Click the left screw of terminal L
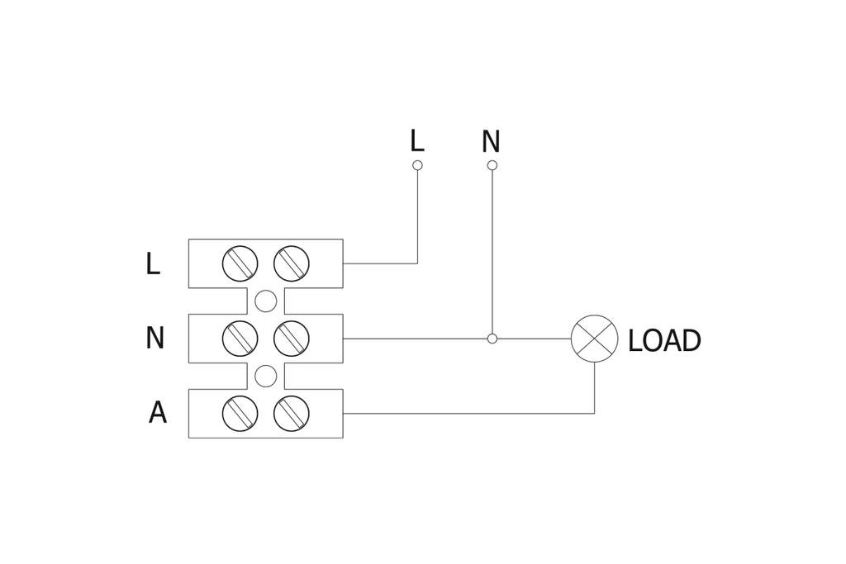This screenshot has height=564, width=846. [x=240, y=263]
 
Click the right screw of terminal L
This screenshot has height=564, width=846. [x=292, y=263]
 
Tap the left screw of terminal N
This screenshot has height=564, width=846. [x=240, y=339]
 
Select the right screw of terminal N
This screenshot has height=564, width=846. [x=292, y=339]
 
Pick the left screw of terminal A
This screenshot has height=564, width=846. [x=240, y=414]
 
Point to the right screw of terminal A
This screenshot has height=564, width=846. [x=292, y=414]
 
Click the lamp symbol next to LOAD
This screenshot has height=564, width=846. [x=594, y=339]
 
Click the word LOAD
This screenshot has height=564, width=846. [x=663, y=341]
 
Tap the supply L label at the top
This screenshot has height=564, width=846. [x=416, y=141]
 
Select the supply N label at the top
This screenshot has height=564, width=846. [x=491, y=142]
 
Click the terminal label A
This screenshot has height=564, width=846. [x=157, y=413]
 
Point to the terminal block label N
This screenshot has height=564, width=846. [x=154, y=339]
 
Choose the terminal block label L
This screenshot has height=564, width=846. [x=152, y=264]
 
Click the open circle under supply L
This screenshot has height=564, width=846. [x=417, y=165]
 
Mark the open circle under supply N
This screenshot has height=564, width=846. [x=492, y=165]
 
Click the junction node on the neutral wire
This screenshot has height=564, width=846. [x=492, y=339]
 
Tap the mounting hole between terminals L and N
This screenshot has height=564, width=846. [x=265, y=301]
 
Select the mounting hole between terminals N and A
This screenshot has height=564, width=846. [x=265, y=377]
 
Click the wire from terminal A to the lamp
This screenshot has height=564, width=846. [x=463, y=413]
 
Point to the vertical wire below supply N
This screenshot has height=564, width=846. [x=492, y=248]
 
